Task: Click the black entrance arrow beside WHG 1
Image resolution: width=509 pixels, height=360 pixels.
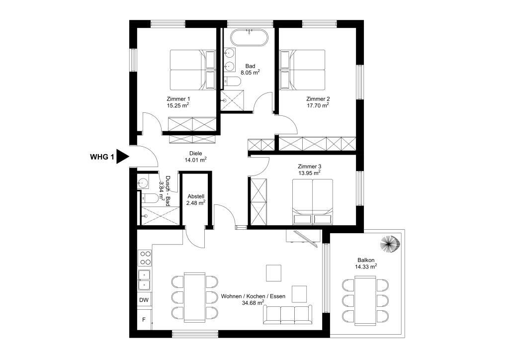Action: click(x=122, y=156)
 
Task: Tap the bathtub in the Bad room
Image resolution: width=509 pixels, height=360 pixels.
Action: click(x=250, y=38)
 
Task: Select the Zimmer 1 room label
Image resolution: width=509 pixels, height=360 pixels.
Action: click(x=178, y=98)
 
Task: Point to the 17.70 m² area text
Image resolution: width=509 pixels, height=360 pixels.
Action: click(x=318, y=105)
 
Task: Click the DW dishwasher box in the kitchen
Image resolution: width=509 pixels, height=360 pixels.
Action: click(x=144, y=300)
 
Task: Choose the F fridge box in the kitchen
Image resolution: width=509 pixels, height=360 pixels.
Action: click(x=144, y=320)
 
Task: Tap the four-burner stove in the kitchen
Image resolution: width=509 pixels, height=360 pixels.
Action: click(x=145, y=258)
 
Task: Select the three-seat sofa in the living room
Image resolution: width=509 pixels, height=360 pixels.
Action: click(x=288, y=314)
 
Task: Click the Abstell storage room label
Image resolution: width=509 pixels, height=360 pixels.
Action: click(x=196, y=196)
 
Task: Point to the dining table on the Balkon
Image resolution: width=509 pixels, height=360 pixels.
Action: click(x=365, y=300)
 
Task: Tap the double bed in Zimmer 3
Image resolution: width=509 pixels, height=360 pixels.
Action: click(x=313, y=201)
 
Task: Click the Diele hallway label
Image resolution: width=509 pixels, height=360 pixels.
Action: click(x=196, y=153)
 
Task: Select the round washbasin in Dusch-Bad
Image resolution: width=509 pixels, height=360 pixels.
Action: click(x=143, y=183)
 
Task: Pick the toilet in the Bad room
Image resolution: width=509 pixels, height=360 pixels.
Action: click(x=232, y=81)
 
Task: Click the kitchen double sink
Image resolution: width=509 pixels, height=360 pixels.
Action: click(x=144, y=280)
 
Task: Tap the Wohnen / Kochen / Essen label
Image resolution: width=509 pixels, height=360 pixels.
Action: click(x=253, y=296)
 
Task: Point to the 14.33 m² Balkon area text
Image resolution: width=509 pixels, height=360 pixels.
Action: click(x=366, y=267)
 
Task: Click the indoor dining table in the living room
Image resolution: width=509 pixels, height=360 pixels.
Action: click(x=194, y=297)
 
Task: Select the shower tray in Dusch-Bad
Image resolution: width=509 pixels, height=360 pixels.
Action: click(x=160, y=215)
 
